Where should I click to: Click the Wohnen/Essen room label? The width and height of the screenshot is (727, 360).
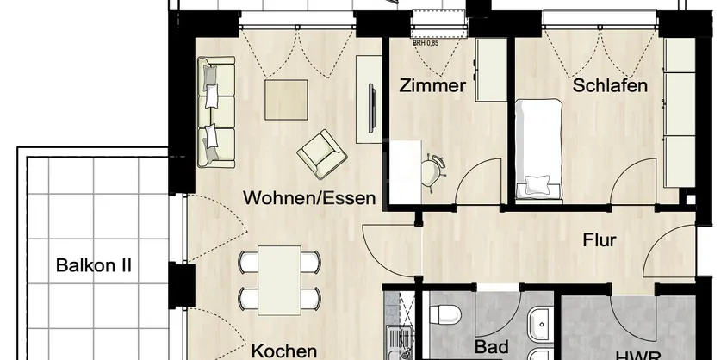pyautogui.click(x=309, y=198)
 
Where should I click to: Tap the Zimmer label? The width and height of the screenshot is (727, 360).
pyautogui.click(x=432, y=86)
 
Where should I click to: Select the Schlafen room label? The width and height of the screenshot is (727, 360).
pyautogui.click(x=610, y=86)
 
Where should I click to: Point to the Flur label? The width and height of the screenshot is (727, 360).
pyautogui.click(x=599, y=240)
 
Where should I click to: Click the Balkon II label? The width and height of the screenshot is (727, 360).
pyautogui.click(x=94, y=264)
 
